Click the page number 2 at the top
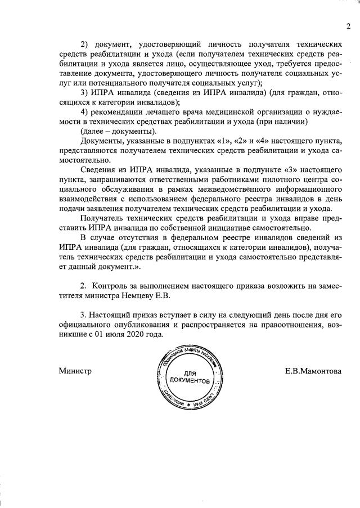[348, 26]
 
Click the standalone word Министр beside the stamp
[75, 371]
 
